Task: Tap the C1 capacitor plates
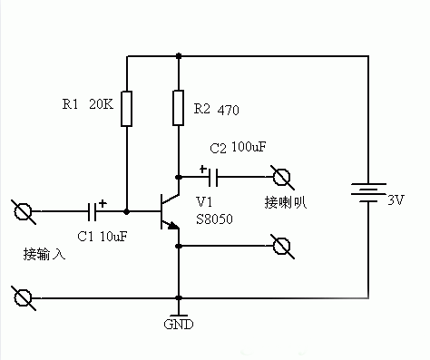point(93,212)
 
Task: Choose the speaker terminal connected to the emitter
point(281,245)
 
